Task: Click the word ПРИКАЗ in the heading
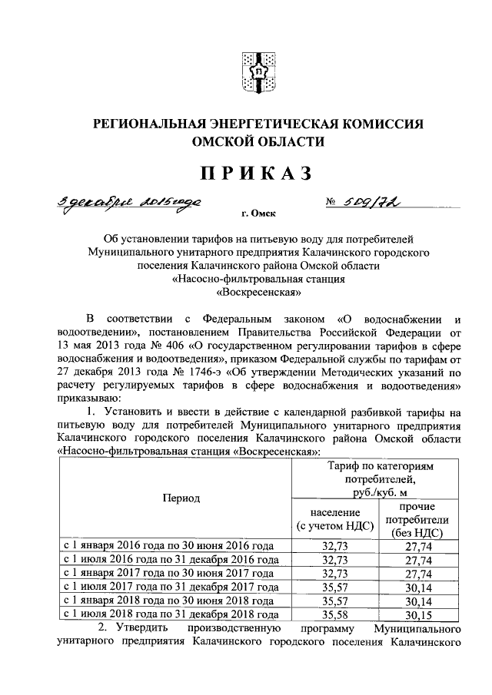click(257, 174)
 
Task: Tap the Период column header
click(181, 498)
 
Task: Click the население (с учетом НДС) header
click(334, 518)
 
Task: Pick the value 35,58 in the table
click(334, 615)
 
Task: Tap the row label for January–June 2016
click(168, 544)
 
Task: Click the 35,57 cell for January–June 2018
click(334, 601)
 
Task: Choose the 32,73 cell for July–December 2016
click(334, 559)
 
